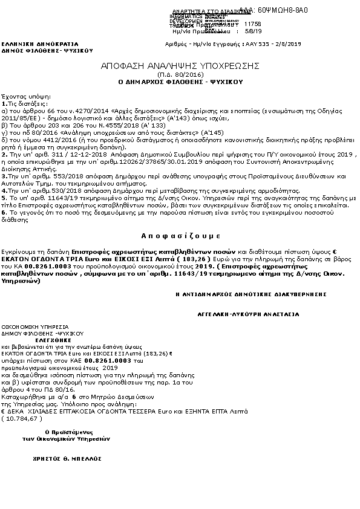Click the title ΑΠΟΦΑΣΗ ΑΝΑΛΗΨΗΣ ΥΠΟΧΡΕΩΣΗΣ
180,65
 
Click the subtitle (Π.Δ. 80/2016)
180,73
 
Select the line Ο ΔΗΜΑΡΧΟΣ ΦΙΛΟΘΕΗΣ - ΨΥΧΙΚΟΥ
180,80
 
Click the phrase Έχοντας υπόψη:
18,96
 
